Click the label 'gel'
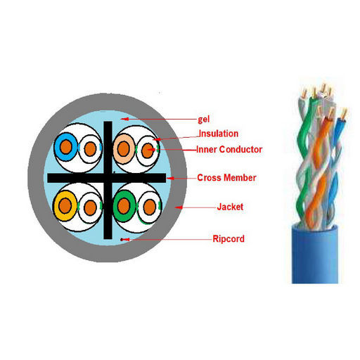(x=204, y=120)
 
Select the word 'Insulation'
(x=219, y=134)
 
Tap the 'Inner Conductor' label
(x=229, y=150)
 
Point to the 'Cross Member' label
(x=226, y=178)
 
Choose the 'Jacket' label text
(x=230, y=207)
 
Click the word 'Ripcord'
(x=229, y=239)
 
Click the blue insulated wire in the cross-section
(x=65, y=147)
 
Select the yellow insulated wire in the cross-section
(x=65, y=206)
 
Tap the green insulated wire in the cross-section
(x=124, y=206)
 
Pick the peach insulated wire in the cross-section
(x=124, y=149)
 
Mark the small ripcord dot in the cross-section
(x=122, y=239)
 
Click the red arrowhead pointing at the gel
(x=124, y=119)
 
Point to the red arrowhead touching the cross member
(x=170, y=179)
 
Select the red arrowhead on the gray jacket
(x=179, y=207)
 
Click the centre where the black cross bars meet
(x=108, y=178)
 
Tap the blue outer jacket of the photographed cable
(x=315, y=255)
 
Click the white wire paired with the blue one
(x=90, y=149)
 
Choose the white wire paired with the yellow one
(x=90, y=207)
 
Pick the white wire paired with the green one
(x=150, y=207)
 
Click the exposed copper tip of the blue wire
(x=344, y=114)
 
